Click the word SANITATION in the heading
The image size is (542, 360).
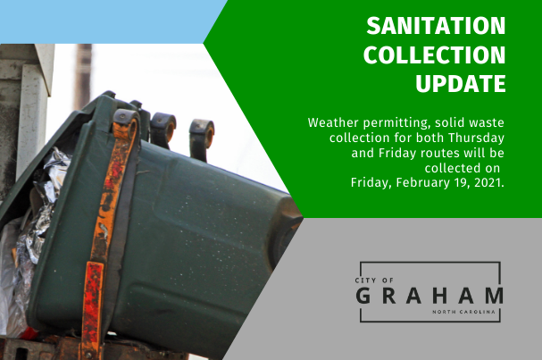(436, 26)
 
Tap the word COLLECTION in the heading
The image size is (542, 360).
(435, 54)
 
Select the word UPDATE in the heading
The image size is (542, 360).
(461, 83)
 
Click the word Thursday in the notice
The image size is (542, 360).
(476, 138)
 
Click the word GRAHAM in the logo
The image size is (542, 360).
(429, 296)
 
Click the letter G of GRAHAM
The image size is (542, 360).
(363, 296)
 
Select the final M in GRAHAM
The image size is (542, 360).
(495, 296)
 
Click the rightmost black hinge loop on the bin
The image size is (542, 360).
(202, 138)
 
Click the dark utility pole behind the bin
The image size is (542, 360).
(83, 77)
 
